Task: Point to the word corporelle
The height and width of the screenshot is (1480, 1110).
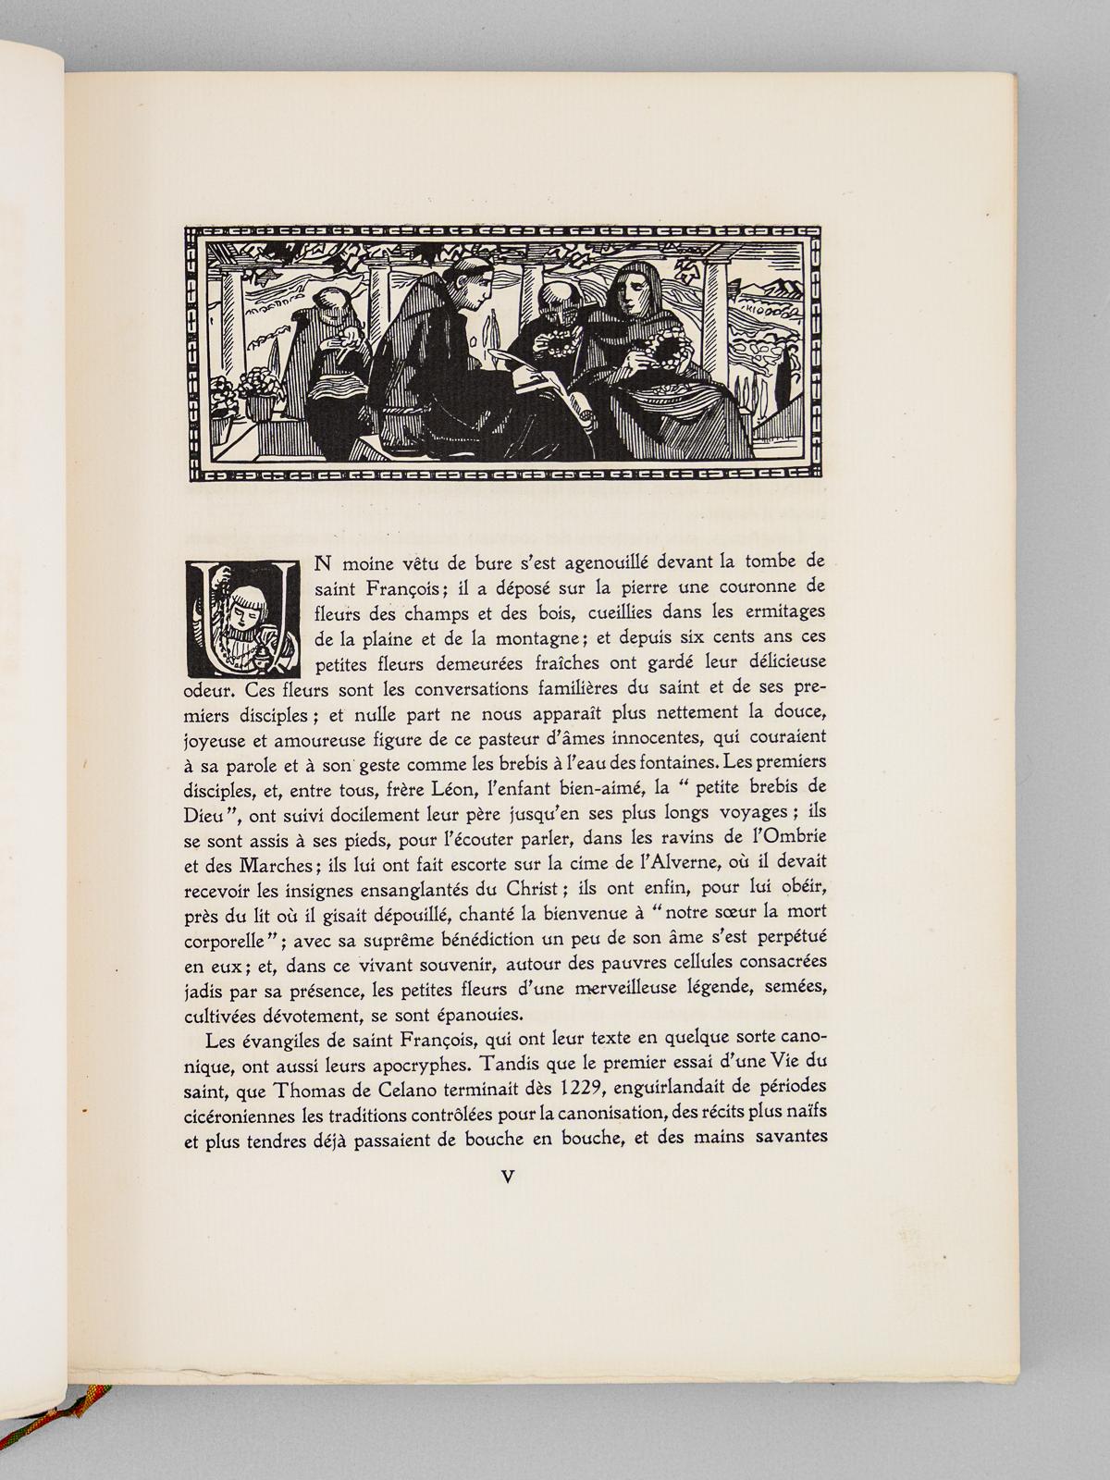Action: coord(228,937)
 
